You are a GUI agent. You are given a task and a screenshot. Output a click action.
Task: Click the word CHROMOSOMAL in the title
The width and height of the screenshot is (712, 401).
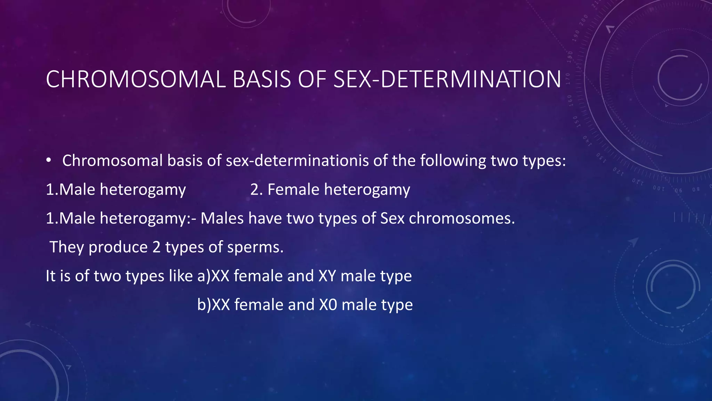136,79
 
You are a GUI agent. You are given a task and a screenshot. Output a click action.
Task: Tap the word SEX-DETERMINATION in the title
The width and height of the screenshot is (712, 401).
447,79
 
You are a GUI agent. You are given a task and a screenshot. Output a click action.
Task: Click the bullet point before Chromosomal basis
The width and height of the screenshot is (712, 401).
49,160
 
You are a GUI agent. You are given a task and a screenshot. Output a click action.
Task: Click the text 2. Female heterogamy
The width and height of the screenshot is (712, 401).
330,190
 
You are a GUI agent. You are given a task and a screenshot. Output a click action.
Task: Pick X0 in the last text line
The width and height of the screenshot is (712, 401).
328,305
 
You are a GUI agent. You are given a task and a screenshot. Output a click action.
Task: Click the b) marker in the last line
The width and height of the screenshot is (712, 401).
204,305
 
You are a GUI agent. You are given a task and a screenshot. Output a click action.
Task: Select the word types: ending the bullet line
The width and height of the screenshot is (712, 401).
544,161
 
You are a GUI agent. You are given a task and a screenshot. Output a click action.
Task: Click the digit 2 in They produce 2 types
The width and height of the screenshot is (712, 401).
156,247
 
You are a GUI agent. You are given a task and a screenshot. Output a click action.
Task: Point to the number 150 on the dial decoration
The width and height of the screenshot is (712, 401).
575,121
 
